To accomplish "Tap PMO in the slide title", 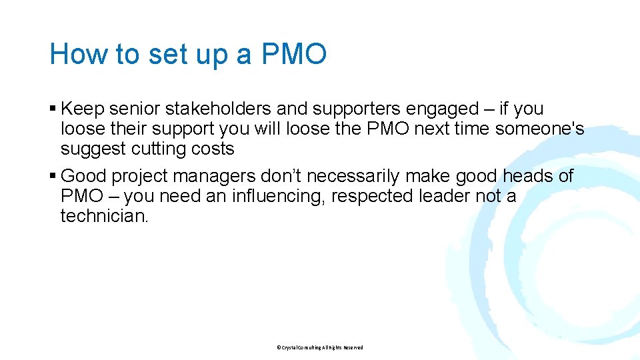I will pos(294,54).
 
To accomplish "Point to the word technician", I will pos(104,217).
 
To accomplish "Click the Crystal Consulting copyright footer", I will pos(320,347).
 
